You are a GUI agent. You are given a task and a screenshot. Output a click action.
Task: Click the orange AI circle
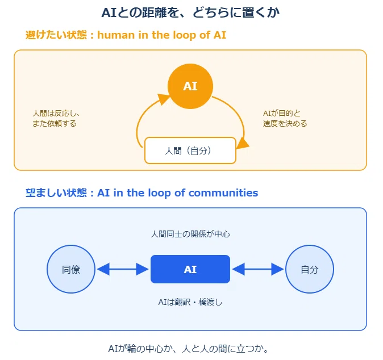click(190, 86)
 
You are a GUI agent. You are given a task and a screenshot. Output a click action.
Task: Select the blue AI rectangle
click(190, 269)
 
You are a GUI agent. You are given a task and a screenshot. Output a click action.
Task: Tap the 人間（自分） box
click(190, 150)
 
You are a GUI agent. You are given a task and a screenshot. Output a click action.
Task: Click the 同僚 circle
click(71, 269)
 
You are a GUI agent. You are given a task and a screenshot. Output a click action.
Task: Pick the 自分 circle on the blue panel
click(310, 269)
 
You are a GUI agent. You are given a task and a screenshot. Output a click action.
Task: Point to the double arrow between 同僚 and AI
click(123, 269)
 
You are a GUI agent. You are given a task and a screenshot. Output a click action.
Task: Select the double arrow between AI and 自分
click(258, 269)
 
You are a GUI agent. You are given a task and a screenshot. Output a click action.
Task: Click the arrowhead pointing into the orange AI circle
click(163, 99)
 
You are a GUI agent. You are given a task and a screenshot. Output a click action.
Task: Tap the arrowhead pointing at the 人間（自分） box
click(243, 143)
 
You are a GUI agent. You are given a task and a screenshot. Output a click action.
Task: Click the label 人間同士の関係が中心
click(190, 234)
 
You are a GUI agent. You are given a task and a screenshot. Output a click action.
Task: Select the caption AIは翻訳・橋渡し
click(190, 302)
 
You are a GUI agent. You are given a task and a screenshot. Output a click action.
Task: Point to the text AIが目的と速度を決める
click(285, 118)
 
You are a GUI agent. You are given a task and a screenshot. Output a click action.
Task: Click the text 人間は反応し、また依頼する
click(56, 118)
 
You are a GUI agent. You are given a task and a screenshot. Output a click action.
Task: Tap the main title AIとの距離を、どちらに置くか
click(190, 12)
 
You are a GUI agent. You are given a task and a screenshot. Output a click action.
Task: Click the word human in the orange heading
click(116, 35)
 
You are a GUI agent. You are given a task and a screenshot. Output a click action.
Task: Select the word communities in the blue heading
click(223, 193)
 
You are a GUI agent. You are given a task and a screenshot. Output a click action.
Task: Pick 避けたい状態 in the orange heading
click(56, 35)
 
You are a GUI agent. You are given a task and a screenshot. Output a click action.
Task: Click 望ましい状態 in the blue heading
click(56, 193)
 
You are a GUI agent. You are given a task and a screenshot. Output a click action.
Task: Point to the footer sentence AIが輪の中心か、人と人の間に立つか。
click(188, 349)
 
